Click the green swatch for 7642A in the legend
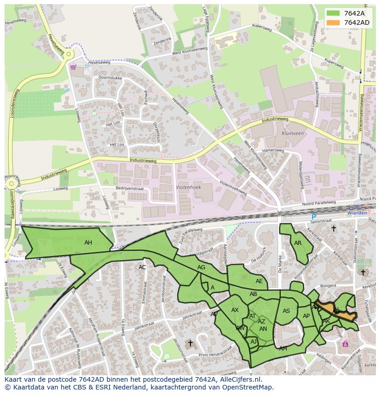point(334,13)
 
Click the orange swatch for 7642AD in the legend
point(334,22)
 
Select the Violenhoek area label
point(189,187)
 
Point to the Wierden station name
point(357,213)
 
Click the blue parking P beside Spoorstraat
point(314,217)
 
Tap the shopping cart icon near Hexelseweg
point(73,67)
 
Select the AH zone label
point(88,243)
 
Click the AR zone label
point(298,243)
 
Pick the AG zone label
point(201,267)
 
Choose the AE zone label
point(259,281)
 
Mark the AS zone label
point(286,311)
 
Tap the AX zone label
point(235,310)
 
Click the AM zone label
point(283,349)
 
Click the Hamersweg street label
point(273,150)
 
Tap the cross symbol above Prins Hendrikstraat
point(190,343)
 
